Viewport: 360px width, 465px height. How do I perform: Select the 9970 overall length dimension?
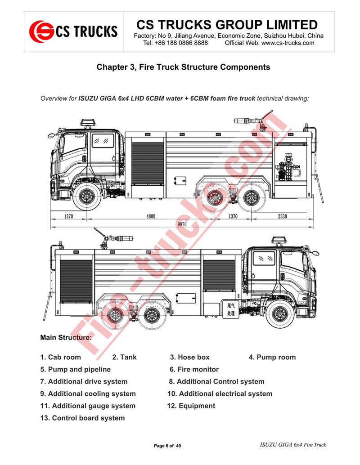click(182, 224)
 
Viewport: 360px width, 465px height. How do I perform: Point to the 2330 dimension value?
click(282, 217)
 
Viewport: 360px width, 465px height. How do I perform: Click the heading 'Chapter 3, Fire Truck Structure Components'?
click(183, 67)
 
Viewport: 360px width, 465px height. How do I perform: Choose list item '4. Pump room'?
click(272, 357)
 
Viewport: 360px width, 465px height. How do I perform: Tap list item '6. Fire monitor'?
click(194, 369)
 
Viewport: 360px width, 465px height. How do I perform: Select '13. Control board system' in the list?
click(82, 418)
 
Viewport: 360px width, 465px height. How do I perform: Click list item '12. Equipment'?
click(191, 406)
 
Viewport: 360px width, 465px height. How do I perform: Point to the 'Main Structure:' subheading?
click(66, 337)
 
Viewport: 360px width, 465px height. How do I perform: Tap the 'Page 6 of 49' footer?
click(167, 446)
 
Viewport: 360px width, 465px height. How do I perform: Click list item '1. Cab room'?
click(61, 357)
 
